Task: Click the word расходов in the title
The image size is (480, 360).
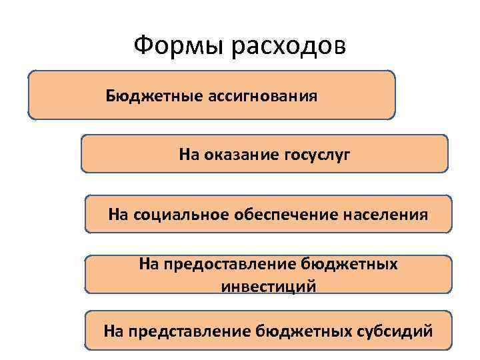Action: [x=288, y=47]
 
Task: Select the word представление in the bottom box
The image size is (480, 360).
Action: [x=193, y=330]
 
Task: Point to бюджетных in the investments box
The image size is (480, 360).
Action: [x=349, y=265]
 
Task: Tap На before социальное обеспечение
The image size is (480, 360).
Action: [x=118, y=215]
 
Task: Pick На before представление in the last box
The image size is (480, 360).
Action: [x=113, y=330]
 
